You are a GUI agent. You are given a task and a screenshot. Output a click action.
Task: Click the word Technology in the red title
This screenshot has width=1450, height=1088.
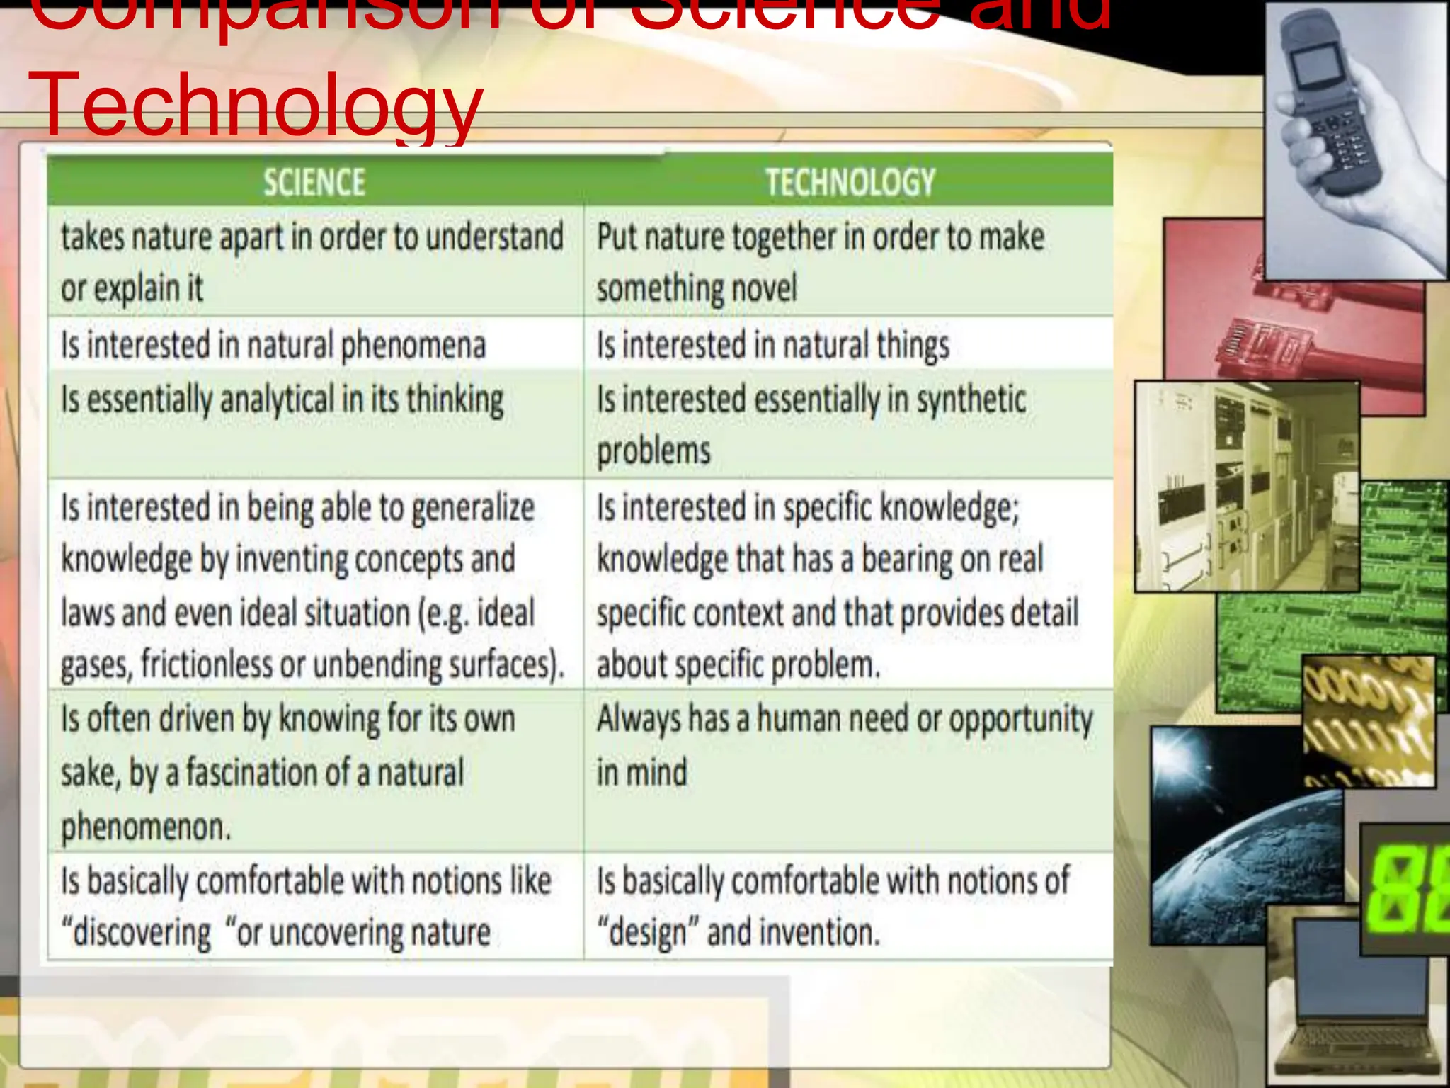255,105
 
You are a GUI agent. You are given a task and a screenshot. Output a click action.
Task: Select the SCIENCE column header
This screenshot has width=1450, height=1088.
314,183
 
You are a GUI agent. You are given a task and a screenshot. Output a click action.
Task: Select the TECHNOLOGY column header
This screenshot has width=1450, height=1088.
850,183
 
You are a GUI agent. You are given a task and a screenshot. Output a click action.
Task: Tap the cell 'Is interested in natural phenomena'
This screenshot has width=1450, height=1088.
273,346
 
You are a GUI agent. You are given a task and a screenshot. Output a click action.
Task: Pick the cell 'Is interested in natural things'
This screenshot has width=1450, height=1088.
772,346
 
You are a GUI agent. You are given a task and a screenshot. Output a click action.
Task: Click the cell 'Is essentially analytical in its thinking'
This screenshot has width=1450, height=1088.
282,399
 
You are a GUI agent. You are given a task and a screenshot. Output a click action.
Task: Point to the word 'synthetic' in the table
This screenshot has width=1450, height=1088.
971,399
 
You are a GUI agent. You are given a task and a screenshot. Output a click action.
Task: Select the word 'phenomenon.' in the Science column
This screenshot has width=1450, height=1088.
146,827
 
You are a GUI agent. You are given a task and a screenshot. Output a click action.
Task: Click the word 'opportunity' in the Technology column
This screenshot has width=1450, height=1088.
1020,720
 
